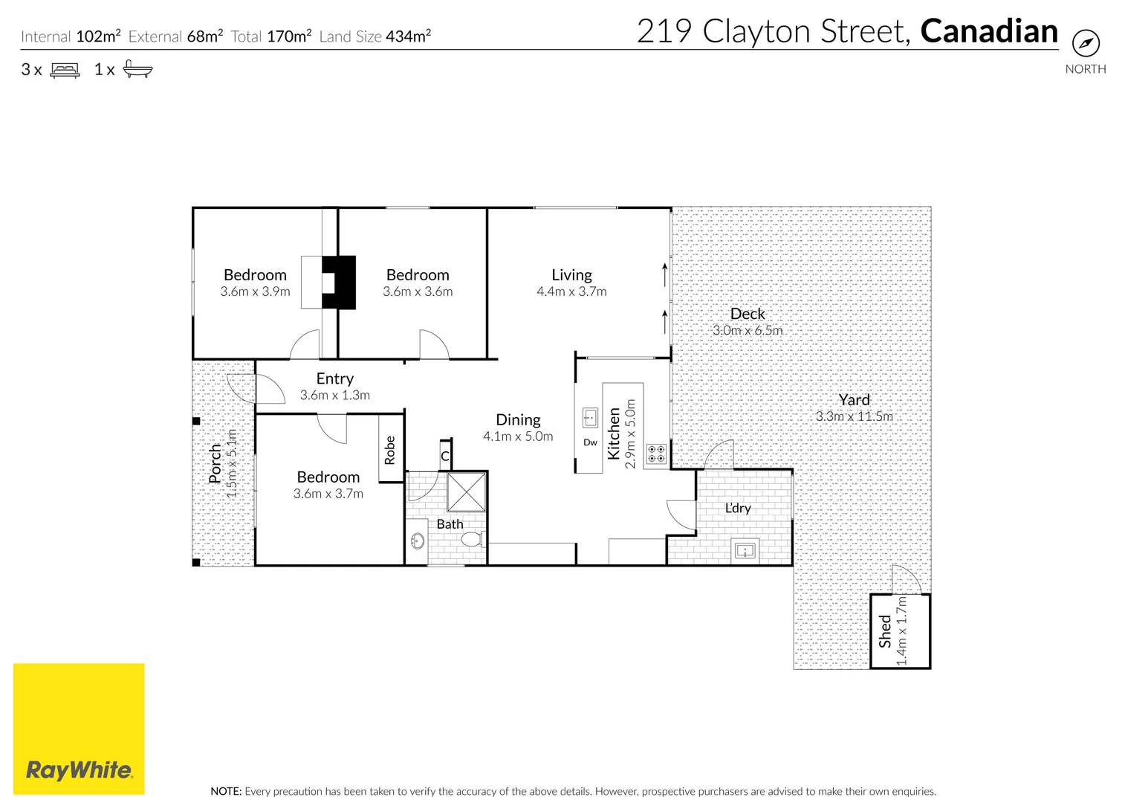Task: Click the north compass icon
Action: [x=1086, y=43]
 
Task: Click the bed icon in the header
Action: [x=65, y=70]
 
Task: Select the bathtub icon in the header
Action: [x=137, y=70]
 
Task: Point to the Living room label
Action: [x=571, y=275]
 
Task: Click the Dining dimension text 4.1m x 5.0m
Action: [x=518, y=436]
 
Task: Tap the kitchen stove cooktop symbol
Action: [x=655, y=454]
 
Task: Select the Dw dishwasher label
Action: [x=590, y=442]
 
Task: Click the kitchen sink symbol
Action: [x=590, y=418]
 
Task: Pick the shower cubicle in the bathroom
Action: [x=467, y=491]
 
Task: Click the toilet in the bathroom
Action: [x=472, y=539]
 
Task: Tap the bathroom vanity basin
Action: [x=418, y=541]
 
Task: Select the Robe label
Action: [x=390, y=451]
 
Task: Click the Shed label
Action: [x=885, y=631]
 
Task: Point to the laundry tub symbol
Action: [x=745, y=551]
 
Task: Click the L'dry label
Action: [x=738, y=508]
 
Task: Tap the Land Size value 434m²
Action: [x=408, y=36]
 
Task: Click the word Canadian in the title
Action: [x=989, y=31]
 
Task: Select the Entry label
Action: [x=335, y=378]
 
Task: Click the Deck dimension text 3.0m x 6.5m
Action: [x=748, y=330]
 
